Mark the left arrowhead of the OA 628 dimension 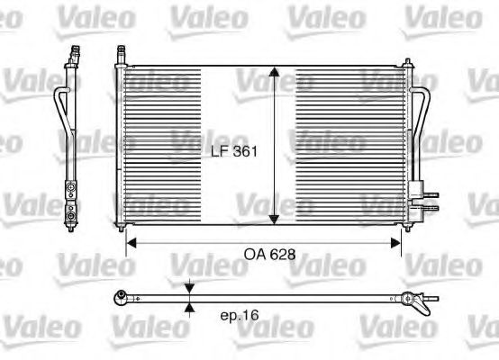pyautogui.click(x=130, y=240)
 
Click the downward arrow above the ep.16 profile pyautogui.click(x=188, y=288)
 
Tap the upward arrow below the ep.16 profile pyautogui.click(x=188, y=307)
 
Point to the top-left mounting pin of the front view pyautogui.click(x=119, y=61)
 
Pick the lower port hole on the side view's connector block pyautogui.click(x=70, y=217)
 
